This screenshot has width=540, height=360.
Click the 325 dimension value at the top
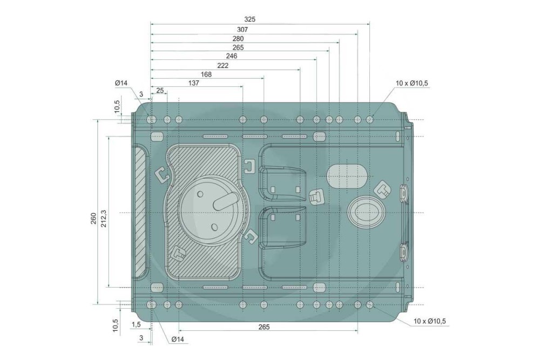point(249,19)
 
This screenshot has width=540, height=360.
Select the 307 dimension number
point(242,29)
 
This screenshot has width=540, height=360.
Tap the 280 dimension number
point(238,39)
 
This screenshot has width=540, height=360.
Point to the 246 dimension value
point(232,56)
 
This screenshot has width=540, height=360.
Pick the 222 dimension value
point(223,65)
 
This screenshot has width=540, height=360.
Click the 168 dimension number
point(206,74)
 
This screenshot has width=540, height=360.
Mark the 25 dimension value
point(160,91)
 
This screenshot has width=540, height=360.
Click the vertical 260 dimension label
point(93,219)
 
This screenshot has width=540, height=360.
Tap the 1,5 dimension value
point(137,324)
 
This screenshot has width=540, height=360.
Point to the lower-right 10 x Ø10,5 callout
point(430,322)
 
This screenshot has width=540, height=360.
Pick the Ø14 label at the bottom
point(178,339)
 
